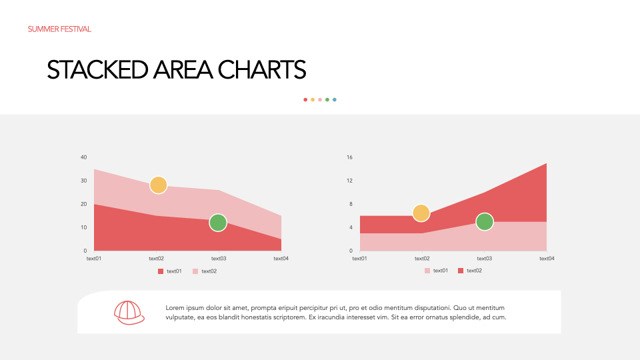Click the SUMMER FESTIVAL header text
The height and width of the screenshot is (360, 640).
coord(59,29)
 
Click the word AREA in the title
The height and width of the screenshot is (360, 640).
coord(183,70)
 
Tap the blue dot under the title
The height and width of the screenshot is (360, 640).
coord(334,99)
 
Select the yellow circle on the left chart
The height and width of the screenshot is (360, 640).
coord(159,185)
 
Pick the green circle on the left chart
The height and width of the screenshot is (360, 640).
coord(218,223)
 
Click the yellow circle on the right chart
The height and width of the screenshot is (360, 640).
coord(421,213)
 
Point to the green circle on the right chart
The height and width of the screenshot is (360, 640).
coord(485,222)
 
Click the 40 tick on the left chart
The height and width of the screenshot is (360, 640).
coord(84,157)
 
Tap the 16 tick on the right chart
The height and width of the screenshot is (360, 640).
coord(349,157)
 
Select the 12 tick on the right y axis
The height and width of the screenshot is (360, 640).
coord(349,181)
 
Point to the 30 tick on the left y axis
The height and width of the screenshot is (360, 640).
coord(84,181)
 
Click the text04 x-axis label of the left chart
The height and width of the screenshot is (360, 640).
coord(281,259)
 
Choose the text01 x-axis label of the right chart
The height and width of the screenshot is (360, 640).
coord(359,259)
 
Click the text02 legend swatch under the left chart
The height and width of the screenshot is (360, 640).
coord(195,271)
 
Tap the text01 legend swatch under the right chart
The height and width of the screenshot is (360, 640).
coord(427,271)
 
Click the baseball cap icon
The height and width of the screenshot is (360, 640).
coord(129,313)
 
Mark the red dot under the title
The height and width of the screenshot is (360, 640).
coord(305,99)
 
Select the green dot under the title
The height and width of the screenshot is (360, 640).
coord(327,99)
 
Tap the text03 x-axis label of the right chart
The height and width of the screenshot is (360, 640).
coord(485,259)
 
